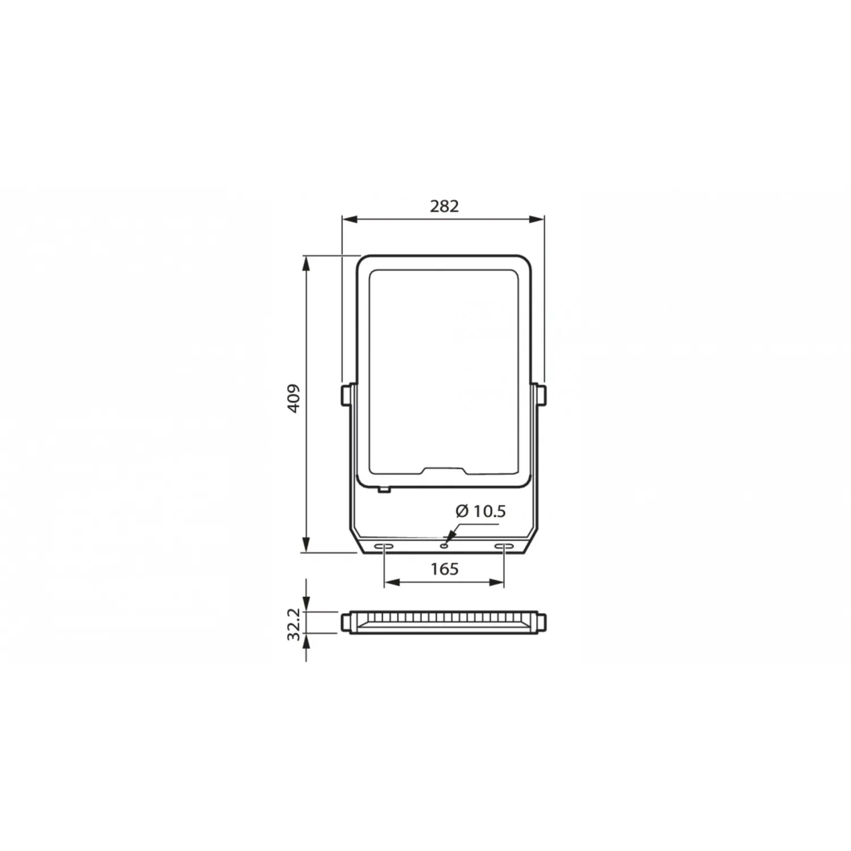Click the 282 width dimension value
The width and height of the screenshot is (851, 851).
pyautogui.click(x=444, y=206)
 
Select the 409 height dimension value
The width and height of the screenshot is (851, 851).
pyautogui.click(x=294, y=398)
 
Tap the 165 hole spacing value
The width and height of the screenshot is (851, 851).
pyautogui.click(x=444, y=568)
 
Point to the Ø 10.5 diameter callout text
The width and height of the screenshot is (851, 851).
pyautogui.click(x=481, y=511)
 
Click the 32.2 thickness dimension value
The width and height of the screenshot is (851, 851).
pyautogui.click(x=294, y=624)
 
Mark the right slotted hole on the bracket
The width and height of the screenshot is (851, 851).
pyautogui.click(x=503, y=546)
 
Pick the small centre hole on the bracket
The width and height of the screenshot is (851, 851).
pyautogui.click(x=444, y=546)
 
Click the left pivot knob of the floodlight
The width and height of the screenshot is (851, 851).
pyautogui.click(x=346, y=395)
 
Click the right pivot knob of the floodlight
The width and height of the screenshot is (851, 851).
pyautogui.click(x=542, y=395)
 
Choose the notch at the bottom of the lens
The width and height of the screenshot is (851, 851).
pyautogui.click(x=444, y=470)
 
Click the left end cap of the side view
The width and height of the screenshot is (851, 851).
pyautogui.click(x=346, y=622)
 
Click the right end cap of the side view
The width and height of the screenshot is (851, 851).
pyautogui.click(x=542, y=622)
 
